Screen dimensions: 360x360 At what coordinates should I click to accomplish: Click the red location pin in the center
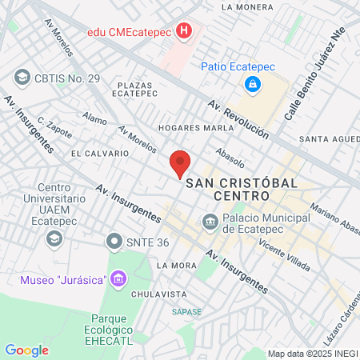[x=181, y=162]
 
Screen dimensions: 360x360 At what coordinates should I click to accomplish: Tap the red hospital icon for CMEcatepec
[x=186, y=33]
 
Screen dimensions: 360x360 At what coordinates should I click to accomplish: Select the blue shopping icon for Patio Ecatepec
[x=253, y=83]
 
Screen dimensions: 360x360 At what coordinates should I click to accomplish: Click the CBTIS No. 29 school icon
[x=22, y=78]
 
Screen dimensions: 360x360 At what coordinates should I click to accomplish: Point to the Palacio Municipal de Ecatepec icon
[x=210, y=220]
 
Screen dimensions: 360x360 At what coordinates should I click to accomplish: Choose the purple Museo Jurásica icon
[x=119, y=279]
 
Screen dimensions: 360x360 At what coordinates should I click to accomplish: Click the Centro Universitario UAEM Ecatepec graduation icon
[x=54, y=238]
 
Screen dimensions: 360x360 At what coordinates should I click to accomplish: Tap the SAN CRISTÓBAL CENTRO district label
[x=242, y=190]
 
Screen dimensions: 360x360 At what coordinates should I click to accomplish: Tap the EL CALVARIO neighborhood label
[x=100, y=153]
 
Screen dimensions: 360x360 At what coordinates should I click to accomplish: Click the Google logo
[x=26, y=350]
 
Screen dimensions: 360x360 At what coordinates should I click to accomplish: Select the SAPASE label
[x=186, y=312]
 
